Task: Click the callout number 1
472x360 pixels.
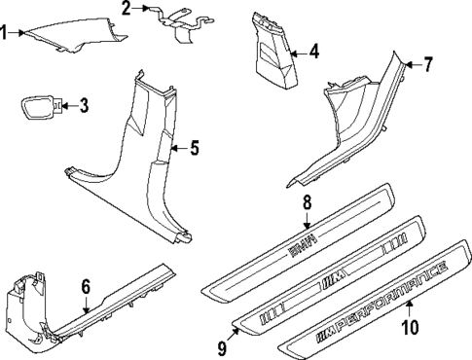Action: point(6,33)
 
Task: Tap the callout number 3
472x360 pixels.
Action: point(84,104)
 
